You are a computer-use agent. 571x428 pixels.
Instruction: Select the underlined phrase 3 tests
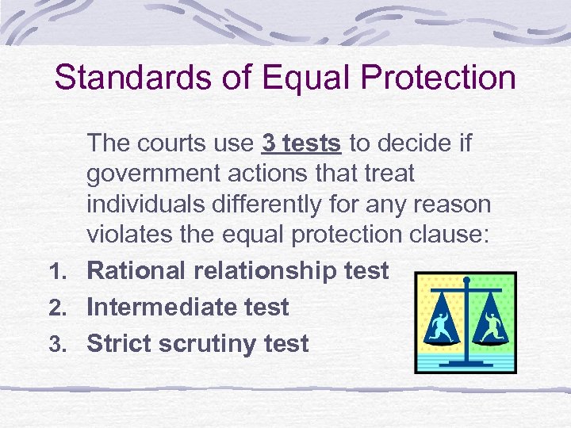point(301,143)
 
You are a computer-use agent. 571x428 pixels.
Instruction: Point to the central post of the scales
point(466,317)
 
